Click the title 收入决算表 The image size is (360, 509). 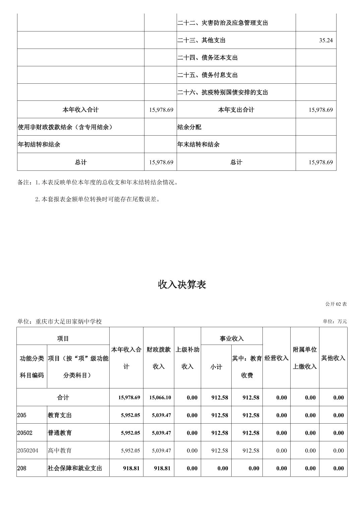[182, 285]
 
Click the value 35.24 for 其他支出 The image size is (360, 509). [326, 40]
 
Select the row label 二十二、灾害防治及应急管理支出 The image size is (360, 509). [223, 23]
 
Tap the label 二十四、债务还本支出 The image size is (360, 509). [207, 58]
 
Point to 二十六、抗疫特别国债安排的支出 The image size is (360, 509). [223, 92]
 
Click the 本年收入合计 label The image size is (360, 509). [80, 110]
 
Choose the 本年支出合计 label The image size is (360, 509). [236, 110]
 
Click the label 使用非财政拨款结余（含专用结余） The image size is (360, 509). [65, 127]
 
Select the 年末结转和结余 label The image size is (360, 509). [198, 145]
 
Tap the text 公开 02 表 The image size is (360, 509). [336, 304]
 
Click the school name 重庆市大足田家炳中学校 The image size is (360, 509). [68, 321]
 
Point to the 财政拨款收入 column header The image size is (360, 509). [159, 358]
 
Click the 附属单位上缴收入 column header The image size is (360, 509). [305, 358]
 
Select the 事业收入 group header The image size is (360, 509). [232, 339]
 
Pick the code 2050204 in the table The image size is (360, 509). [28, 450]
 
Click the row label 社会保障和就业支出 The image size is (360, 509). [75, 468]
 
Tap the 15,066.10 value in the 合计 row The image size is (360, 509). [160, 397]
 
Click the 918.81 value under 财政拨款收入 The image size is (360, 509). [162, 468]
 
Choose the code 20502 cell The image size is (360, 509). [25, 433]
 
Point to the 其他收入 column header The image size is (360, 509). [333, 358]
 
